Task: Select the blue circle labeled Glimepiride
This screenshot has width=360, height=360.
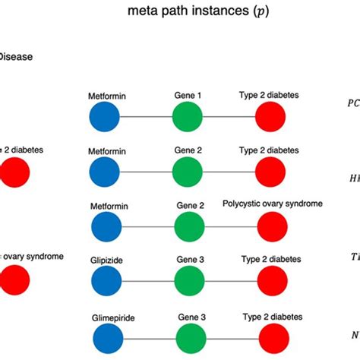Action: click(105, 335)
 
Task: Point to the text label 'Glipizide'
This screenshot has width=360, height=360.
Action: click(105, 260)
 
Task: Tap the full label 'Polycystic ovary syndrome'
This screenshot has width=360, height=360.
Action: click(273, 204)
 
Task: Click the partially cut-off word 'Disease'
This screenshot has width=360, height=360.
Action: click(15, 56)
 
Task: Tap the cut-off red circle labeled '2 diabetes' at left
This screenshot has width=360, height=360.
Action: click(14, 173)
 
